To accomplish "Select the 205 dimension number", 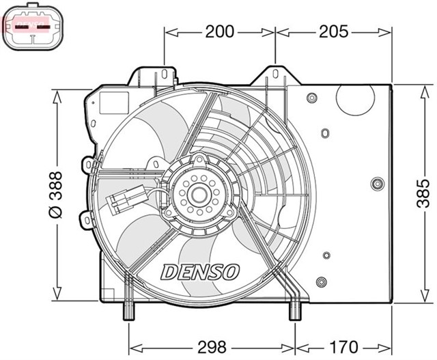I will (334, 31).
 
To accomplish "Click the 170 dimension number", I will (345, 346).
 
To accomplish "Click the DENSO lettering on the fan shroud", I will (200, 271).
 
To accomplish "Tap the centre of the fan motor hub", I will (200, 195).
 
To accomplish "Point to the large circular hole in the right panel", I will (356, 103).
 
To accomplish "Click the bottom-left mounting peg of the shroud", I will (128, 311).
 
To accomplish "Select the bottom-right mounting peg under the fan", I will (295, 311).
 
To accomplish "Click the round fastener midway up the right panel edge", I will (377, 184).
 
